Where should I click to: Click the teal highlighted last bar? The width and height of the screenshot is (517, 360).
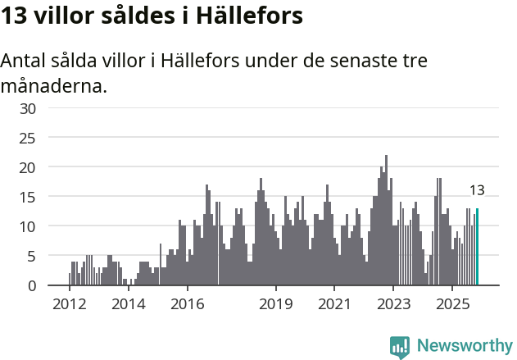coord(478,247)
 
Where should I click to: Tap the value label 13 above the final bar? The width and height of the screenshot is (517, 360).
coord(477,190)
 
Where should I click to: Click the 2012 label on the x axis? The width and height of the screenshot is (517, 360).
coord(69,305)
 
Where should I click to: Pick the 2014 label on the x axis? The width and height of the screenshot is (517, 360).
coord(128,305)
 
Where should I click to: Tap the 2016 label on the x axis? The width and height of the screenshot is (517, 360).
coord(187,305)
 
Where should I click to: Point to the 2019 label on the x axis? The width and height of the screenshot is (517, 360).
coord(276,305)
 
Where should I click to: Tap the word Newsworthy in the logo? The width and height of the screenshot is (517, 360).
coord(465,346)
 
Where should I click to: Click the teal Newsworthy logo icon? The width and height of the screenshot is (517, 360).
coord(400,347)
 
